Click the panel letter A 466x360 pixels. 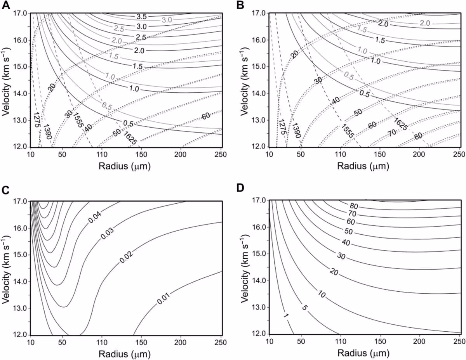[5, 5]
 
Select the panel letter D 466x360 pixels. [240, 188]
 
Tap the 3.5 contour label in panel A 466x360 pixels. [141, 17]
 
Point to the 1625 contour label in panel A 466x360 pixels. [130, 138]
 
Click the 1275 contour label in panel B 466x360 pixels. [282, 127]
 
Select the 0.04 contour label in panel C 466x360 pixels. [95, 217]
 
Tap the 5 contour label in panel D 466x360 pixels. [304, 308]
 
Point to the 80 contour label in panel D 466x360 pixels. [354, 206]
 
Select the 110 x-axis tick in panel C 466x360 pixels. [102, 342]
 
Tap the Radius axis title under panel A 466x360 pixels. [125, 166]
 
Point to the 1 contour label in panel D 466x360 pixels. [286, 322]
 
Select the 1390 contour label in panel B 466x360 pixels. [297, 130]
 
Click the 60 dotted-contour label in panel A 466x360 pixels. [206, 116]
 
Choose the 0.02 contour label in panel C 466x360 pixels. [126, 257]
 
